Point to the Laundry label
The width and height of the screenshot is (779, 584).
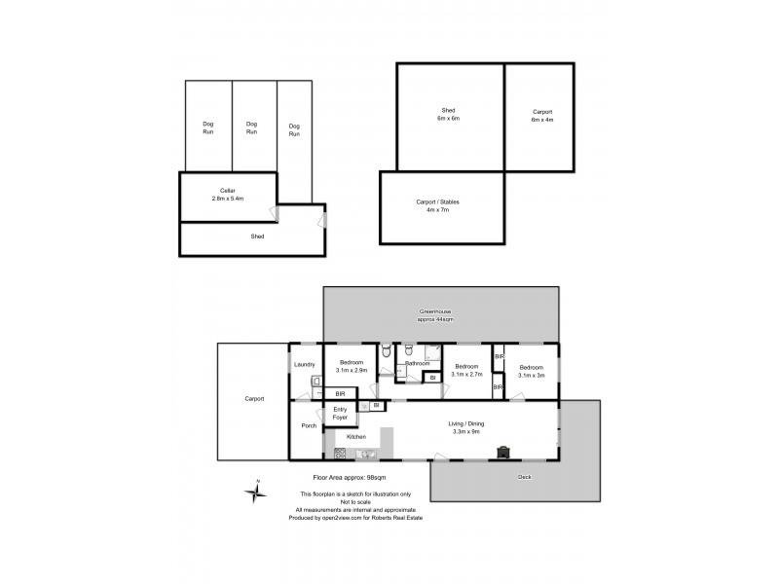tap(303, 365)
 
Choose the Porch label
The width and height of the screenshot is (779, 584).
tap(309, 425)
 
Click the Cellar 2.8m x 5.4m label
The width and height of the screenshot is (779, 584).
tap(227, 194)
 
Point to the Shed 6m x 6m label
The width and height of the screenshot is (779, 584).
tap(448, 114)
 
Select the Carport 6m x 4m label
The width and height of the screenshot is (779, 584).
tap(541, 114)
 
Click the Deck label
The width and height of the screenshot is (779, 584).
tap(525, 478)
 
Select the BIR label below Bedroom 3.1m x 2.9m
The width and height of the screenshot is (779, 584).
tap(339, 393)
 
